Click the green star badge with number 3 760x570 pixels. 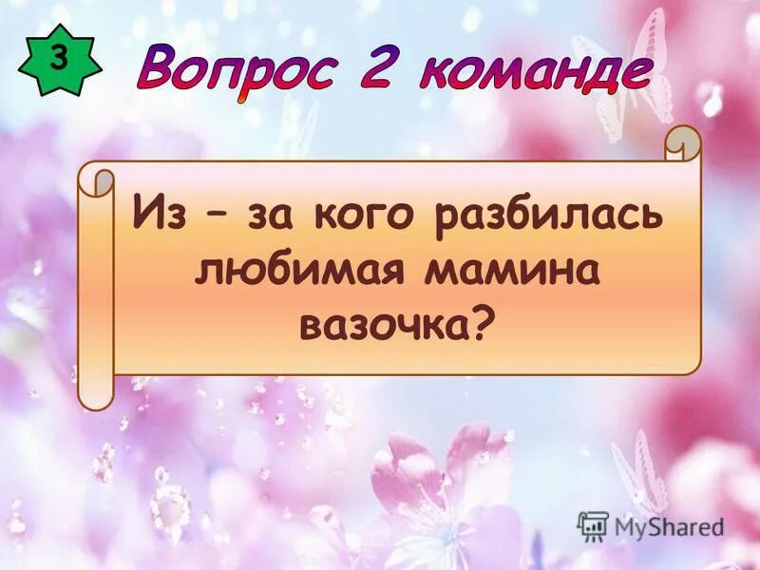tap(58, 60)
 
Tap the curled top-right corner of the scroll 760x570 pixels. tap(682, 142)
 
